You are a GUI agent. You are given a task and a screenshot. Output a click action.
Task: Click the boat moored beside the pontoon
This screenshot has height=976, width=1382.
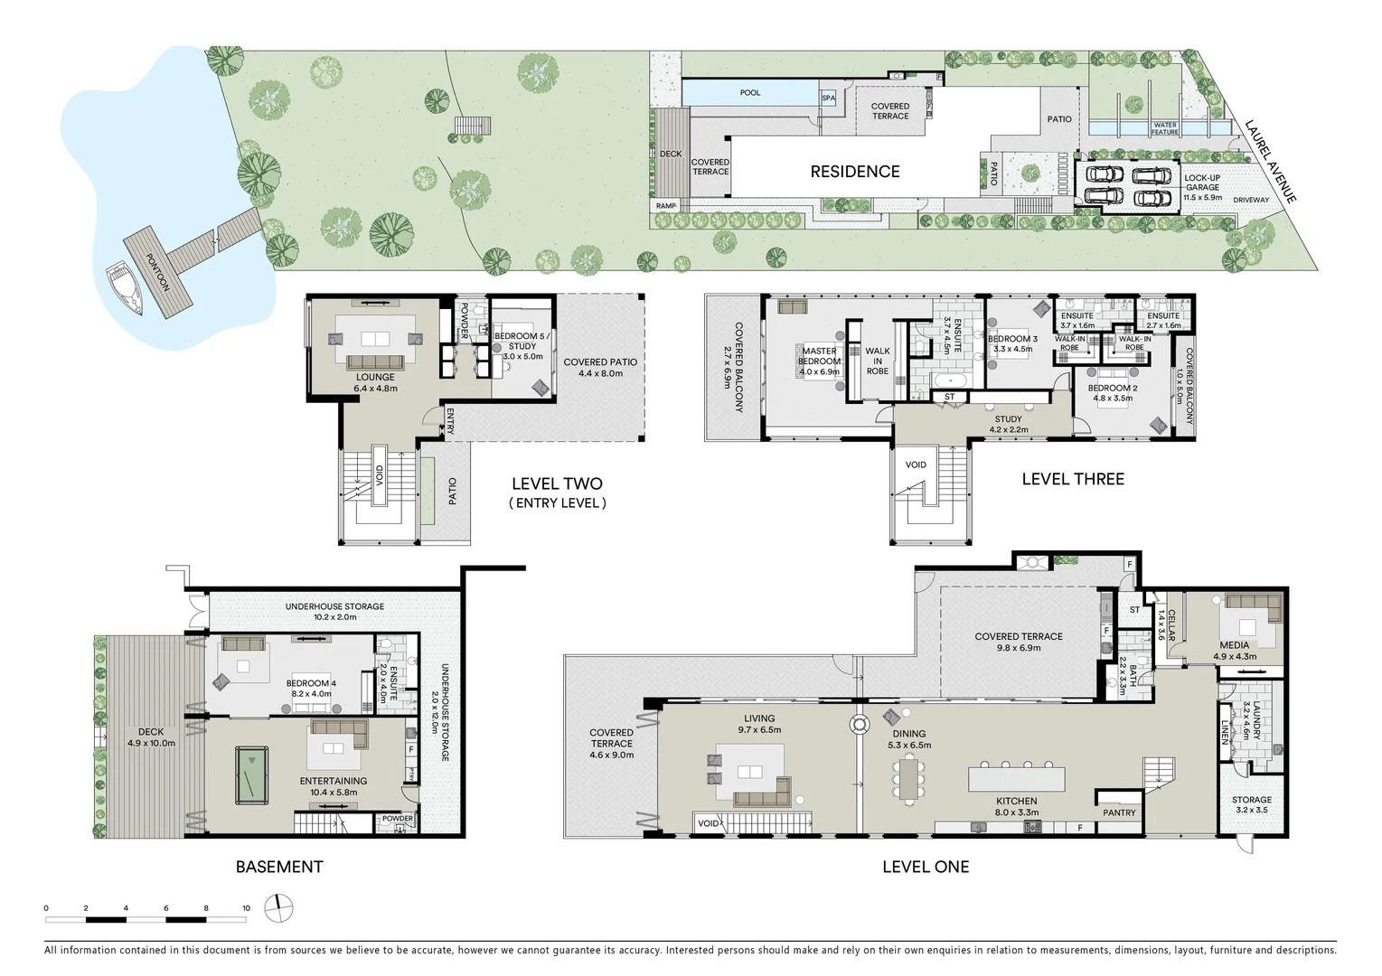126,288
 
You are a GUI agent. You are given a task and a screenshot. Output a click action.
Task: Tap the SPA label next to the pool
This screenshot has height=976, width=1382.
828,99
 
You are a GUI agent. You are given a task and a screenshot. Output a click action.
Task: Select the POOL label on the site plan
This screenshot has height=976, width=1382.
749,92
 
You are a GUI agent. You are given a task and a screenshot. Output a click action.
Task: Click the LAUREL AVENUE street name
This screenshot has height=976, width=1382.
1270,161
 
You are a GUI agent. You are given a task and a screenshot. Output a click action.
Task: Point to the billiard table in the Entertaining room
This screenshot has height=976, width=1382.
251,774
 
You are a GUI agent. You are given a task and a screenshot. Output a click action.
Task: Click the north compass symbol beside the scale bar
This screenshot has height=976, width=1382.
278,907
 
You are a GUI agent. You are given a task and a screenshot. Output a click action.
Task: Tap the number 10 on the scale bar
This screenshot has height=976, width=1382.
246,907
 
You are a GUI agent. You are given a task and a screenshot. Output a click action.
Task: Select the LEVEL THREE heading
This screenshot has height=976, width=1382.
1073,479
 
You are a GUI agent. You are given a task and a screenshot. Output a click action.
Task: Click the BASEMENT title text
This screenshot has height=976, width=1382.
279,867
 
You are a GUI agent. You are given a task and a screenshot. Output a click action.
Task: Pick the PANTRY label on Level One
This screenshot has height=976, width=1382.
1119,812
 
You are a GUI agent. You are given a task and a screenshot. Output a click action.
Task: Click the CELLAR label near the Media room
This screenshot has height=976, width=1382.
1171,625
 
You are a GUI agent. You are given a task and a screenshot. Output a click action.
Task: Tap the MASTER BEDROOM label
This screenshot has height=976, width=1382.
819,356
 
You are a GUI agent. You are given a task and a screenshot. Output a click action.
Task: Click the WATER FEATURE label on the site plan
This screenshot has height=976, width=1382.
1165,128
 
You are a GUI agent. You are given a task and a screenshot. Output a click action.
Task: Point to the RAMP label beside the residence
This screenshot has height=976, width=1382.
666,205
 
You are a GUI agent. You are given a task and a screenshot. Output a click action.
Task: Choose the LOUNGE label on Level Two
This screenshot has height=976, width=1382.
375,377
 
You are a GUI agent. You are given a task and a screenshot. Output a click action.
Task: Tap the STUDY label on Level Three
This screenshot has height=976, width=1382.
1008,419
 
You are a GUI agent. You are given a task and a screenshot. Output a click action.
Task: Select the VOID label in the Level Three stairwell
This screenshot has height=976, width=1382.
916,465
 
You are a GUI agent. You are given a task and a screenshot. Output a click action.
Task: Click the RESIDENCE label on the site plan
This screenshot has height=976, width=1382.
854,172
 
